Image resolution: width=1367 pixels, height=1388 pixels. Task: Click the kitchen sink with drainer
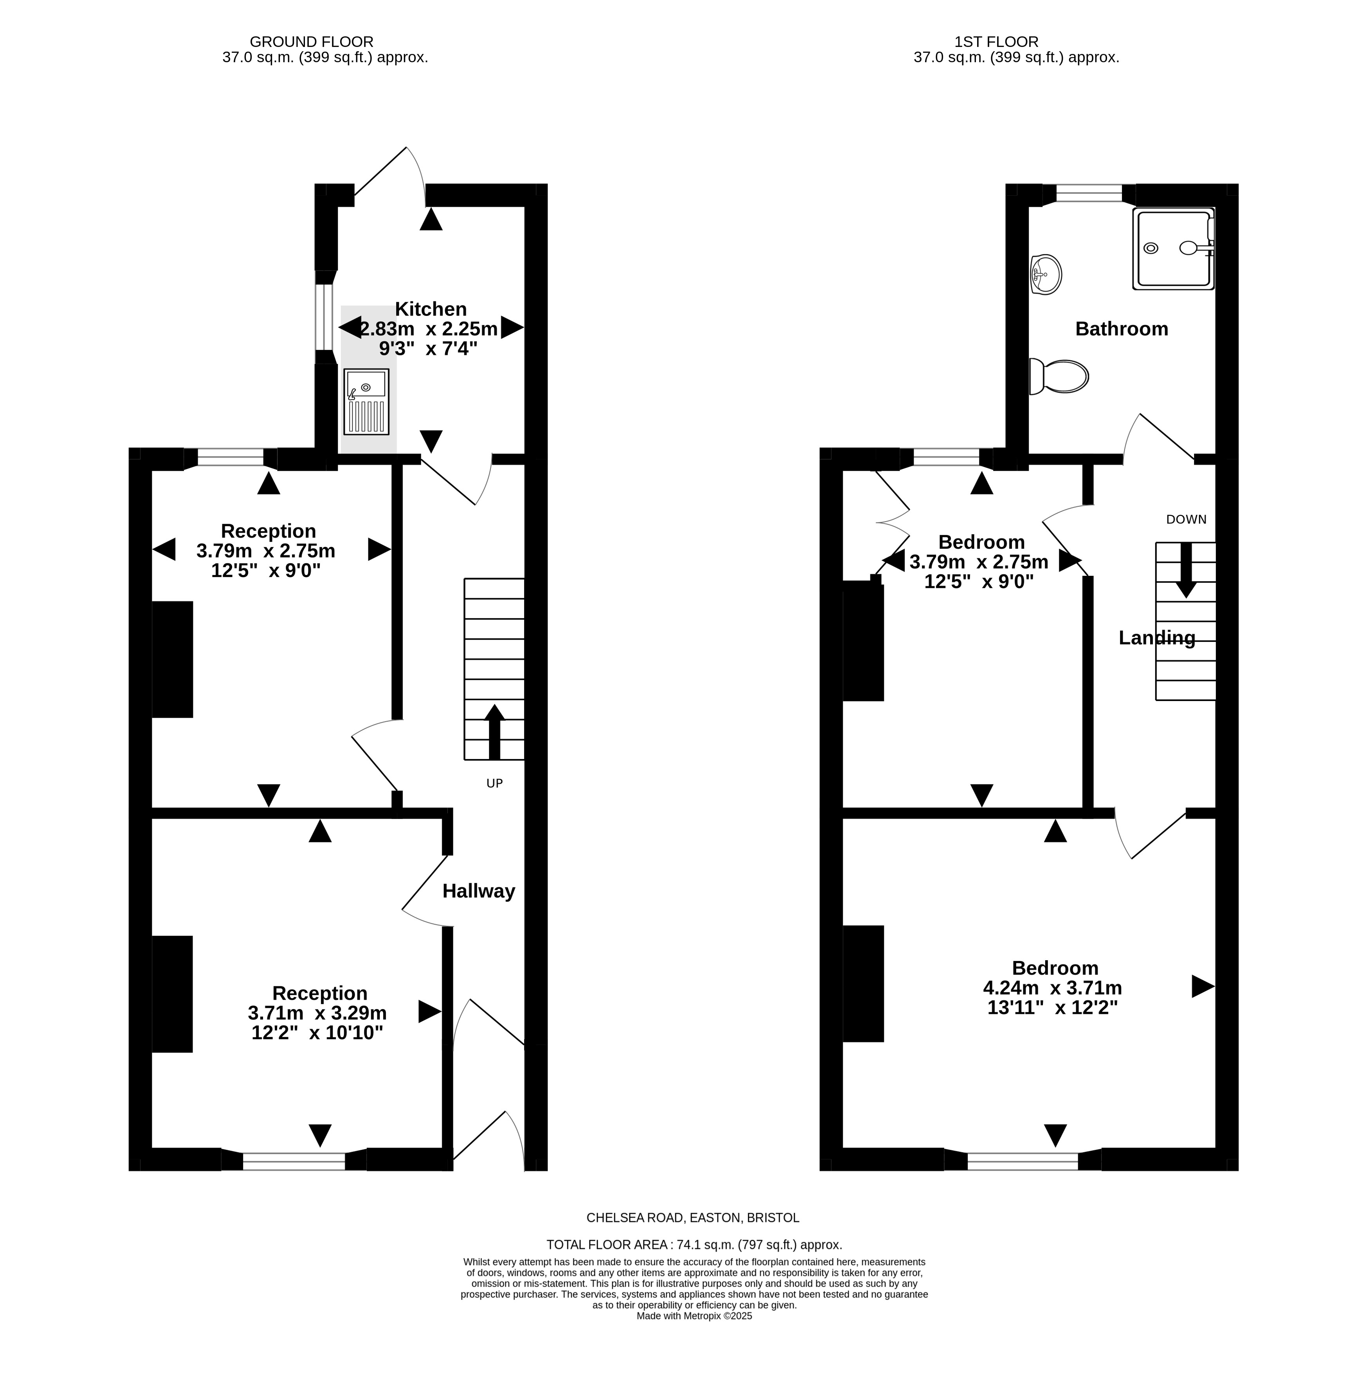[366, 402]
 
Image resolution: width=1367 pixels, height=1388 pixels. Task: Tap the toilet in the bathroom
[1058, 376]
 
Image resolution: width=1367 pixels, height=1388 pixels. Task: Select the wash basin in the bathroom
[1045, 274]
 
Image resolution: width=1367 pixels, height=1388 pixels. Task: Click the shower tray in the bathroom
[1173, 249]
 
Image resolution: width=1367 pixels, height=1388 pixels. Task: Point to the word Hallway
[479, 891]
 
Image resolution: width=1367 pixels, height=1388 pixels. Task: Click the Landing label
[1157, 638]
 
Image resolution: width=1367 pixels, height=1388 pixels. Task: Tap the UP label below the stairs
[495, 783]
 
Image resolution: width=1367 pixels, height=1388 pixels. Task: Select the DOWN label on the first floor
[1186, 519]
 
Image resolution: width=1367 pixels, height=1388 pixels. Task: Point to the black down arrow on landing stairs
[1186, 570]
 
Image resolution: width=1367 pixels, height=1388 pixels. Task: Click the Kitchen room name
[431, 309]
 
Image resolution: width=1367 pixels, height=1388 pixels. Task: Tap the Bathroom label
[1122, 329]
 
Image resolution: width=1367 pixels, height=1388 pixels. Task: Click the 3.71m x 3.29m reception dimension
[317, 1013]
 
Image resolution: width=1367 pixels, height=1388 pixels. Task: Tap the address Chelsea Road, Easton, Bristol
[693, 1218]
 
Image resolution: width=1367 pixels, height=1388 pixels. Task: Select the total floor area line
[694, 1245]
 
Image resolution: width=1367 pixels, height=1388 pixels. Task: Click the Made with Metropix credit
[694, 1316]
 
